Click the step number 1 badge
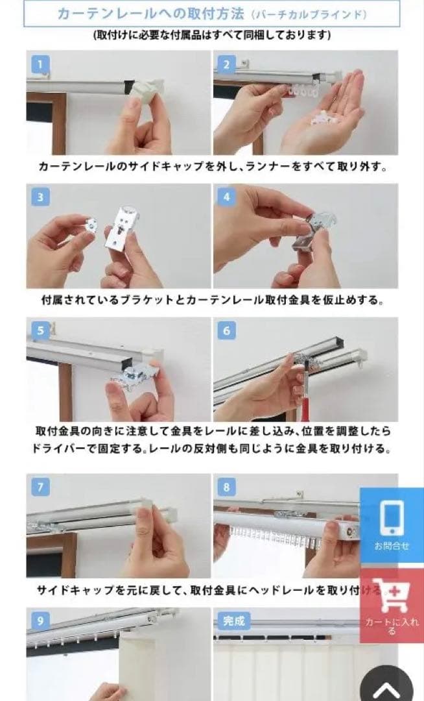point(40,64)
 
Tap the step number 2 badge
point(226,64)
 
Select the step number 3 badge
point(40,197)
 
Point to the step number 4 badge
point(226,197)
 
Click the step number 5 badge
point(40,330)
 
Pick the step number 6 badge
point(226,330)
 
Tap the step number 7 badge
point(40,487)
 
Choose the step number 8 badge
point(226,487)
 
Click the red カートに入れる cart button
point(392,605)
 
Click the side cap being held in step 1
point(146,91)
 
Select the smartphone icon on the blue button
point(392,516)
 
